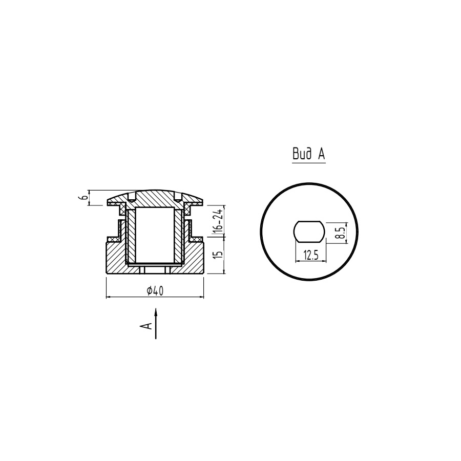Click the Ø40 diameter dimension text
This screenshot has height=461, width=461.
[155, 291]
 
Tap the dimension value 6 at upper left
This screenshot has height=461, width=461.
[83, 198]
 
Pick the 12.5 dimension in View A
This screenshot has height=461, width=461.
[311, 255]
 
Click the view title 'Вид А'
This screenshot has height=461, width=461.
[309, 154]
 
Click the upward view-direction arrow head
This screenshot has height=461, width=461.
[156, 312]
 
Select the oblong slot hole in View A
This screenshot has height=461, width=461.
[309, 232]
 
